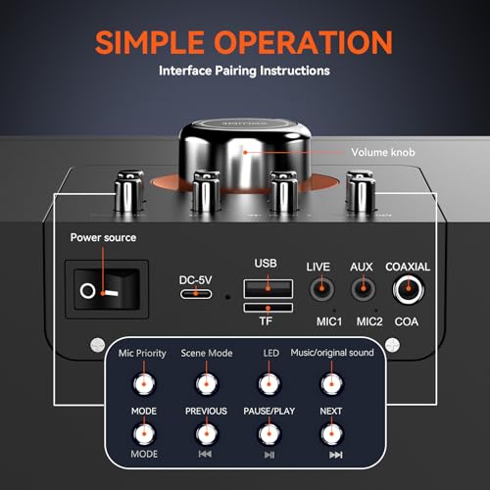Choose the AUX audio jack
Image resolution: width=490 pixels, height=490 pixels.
pos(363,289)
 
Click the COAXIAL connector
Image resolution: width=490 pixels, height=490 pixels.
pos(408,289)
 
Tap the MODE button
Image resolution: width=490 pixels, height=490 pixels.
pos(146,432)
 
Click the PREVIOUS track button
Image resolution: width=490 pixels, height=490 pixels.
pos(206,432)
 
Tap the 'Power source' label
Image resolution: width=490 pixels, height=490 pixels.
pos(103,238)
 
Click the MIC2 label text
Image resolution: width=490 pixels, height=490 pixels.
pos(369,320)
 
